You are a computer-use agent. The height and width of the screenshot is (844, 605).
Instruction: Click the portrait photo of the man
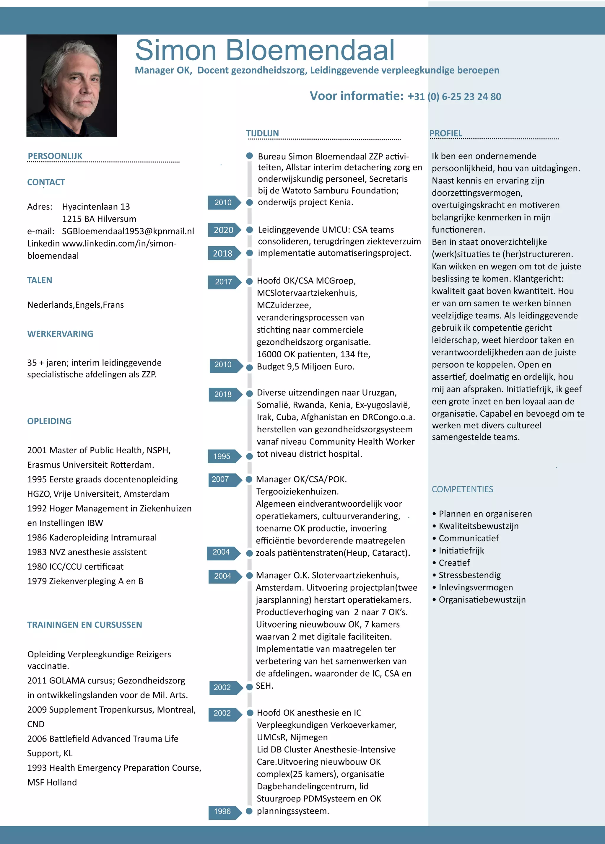[x=71, y=86]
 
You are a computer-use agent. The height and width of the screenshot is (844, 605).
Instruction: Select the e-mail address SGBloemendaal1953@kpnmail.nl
[x=128, y=231]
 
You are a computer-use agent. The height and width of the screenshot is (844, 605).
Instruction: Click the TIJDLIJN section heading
[x=263, y=133]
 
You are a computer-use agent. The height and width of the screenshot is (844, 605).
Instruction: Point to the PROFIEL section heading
[x=446, y=133]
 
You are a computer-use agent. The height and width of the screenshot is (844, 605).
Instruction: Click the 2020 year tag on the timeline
[x=223, y=230]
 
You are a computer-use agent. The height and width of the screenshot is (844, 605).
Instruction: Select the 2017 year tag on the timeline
[x=223, y=282]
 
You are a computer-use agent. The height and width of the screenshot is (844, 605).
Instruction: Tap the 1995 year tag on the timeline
[x=222, y=456]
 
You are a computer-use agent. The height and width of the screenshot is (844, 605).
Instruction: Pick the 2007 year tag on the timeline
[x=220, y=479]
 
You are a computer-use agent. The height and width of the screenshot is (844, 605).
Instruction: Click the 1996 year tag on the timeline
[x=222, y=811]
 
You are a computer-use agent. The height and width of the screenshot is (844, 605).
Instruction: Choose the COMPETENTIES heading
[x=462, y=489]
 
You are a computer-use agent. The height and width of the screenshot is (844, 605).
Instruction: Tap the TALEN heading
[x=40, y=280]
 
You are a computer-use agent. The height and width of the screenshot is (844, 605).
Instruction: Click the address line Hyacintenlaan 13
[x=96, y=206]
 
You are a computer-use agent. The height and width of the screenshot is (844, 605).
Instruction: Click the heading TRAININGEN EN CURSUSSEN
[x=84, y=625]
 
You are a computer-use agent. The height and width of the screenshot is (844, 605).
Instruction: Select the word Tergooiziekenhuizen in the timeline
[x=297, y=492]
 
